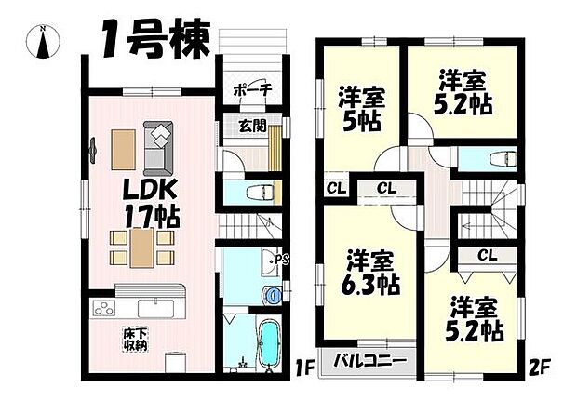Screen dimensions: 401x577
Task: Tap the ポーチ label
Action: point(252,89)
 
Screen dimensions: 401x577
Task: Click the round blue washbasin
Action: point(273,296)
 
